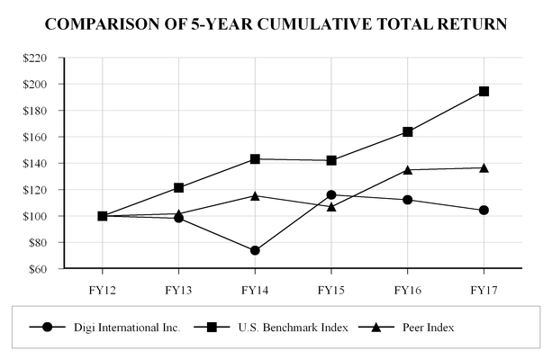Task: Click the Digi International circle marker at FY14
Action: pos(255,250)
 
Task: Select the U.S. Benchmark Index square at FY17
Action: pos(484,91)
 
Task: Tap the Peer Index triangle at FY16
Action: pos(407,169)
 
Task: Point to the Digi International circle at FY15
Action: pos(331,194)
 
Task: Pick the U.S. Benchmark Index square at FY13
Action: pos(178,187)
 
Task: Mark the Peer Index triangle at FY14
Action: pos(255,195)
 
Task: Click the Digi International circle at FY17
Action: pos(484,210)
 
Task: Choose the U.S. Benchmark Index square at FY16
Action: pos(407,131)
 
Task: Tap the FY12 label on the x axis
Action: pos(102,291)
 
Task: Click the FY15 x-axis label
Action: pos(331,291)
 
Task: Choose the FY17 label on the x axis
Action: pos(484,291)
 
